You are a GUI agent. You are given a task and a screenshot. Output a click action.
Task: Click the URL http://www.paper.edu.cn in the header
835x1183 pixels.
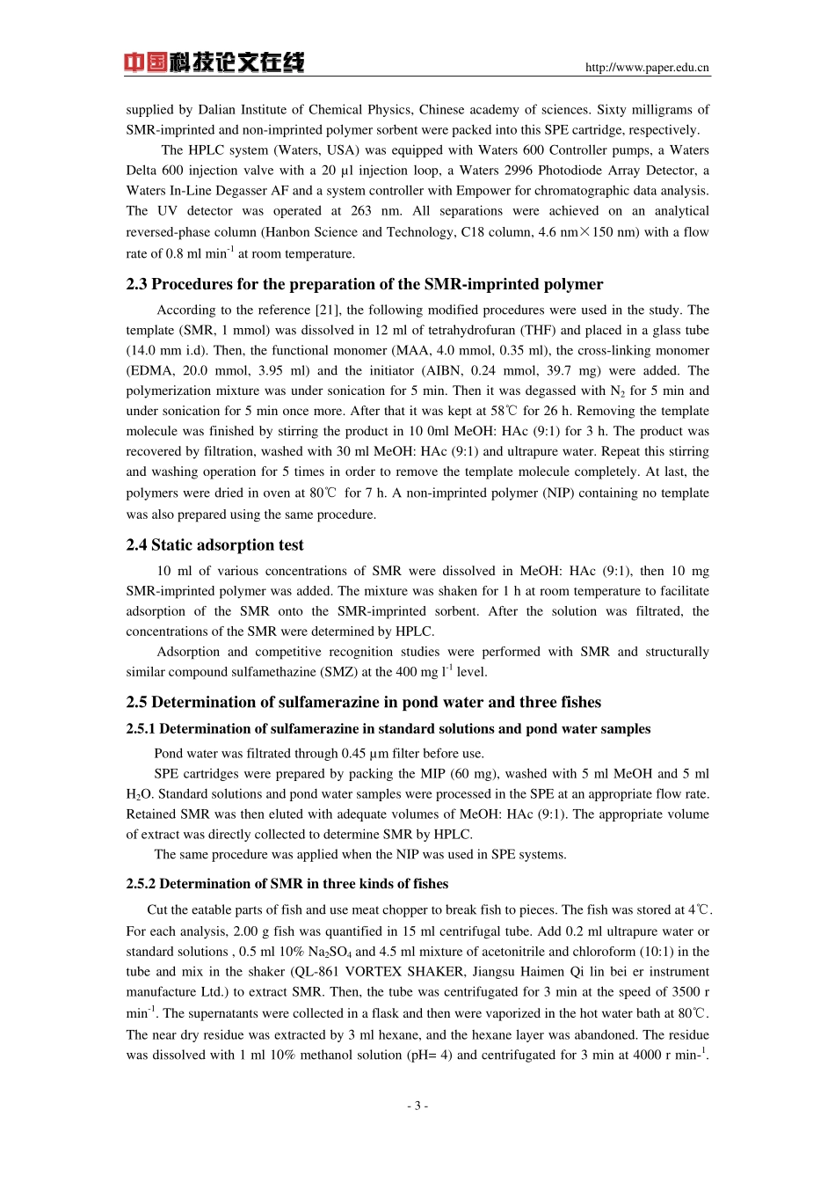pos(647,68)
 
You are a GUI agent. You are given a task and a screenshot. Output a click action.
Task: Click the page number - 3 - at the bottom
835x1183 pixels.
pos(417,1106)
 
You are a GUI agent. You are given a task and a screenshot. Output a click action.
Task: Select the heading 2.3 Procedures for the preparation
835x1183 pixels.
pos(364,284)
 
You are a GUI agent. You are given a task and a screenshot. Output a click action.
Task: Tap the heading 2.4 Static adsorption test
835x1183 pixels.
pos(214,544)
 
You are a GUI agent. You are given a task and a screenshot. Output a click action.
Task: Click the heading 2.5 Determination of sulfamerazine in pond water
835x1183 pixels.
pos(363,702)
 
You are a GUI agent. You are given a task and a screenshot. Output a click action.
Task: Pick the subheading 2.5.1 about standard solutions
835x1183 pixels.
pos(388,728)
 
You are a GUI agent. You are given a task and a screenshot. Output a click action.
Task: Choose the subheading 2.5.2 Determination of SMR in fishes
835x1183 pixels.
pos(287,884)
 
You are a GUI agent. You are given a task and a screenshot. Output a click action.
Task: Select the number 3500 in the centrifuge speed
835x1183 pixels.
pos(686,992)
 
